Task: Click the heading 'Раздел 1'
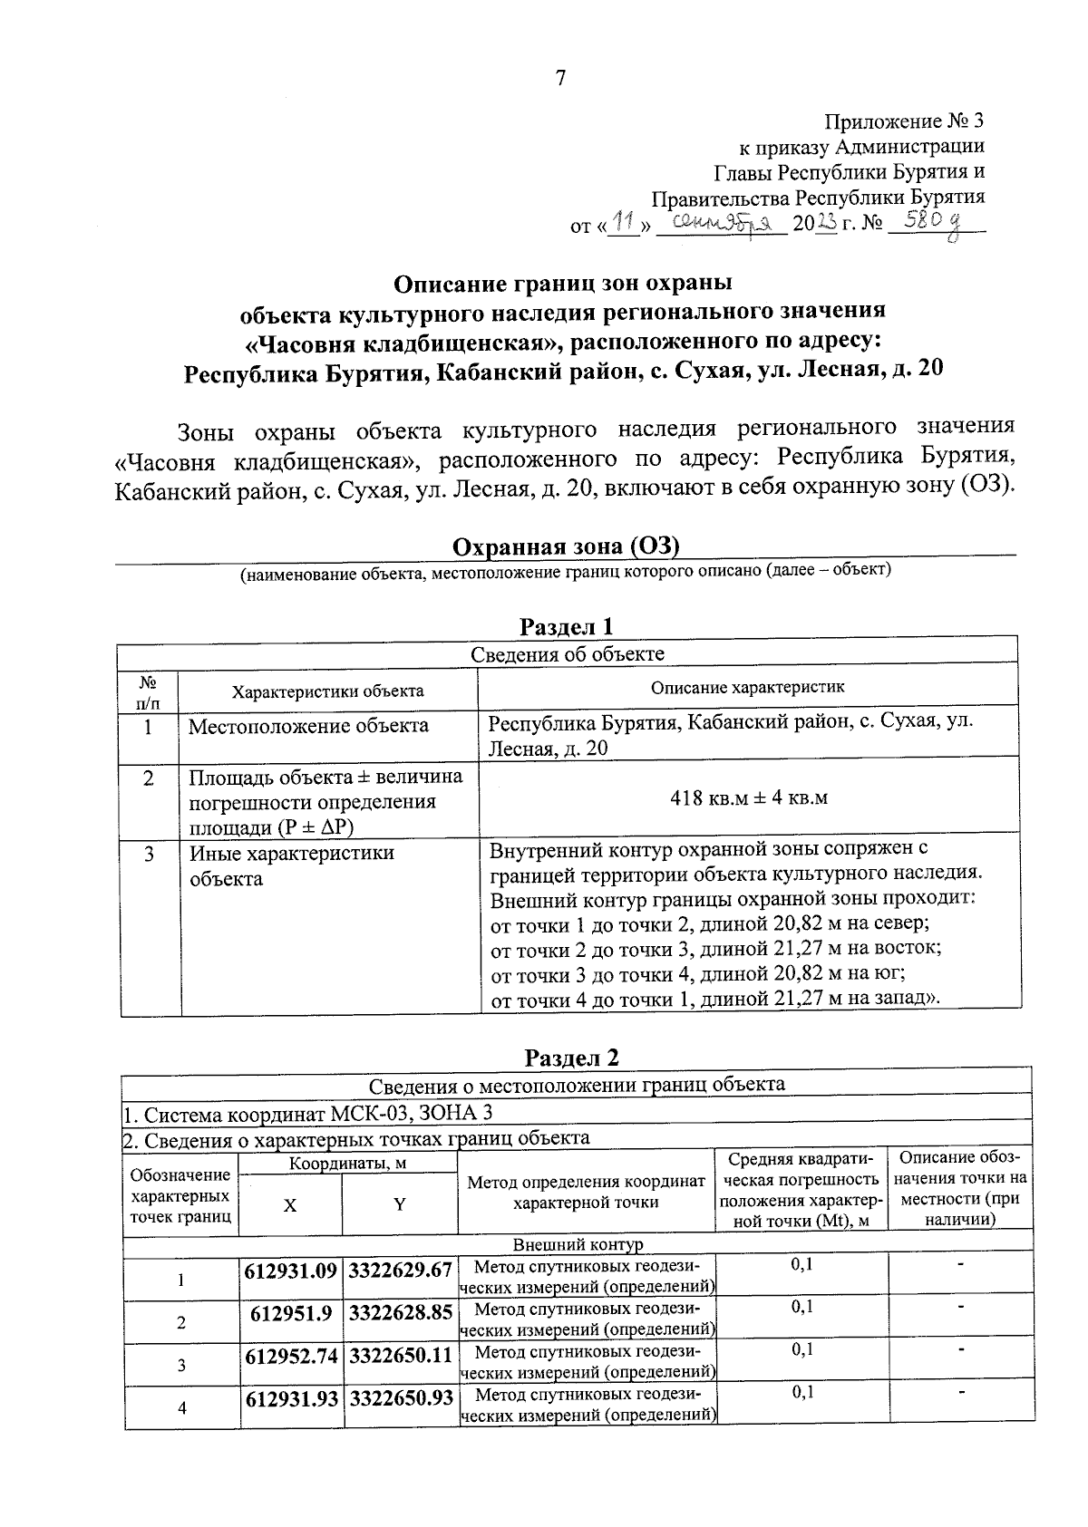pyautogui.click(x=566, y=626)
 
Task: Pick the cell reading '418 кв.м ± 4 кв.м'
pyautogui.click(x=748, y=797)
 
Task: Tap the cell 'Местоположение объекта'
pyautogui.click(x=308, y=726)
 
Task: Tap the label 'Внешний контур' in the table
pyautogui.click(x=578, y=1246)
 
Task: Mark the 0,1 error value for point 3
pyautogui.click(x=801, y=1349)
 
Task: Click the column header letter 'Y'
pyautogui.click(x=399, y=1204)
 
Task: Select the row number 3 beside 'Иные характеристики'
pyautogui.click(x=149, y=854)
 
